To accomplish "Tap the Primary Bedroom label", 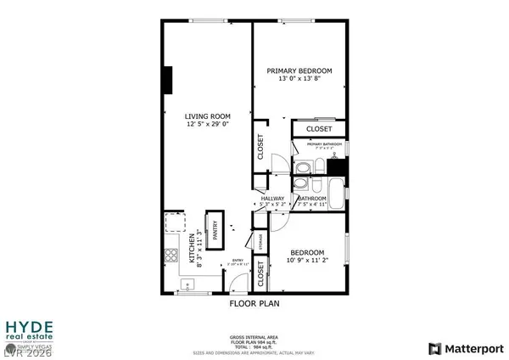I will point(299,70).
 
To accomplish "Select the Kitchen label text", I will point(191,248).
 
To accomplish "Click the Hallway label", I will point(273,197).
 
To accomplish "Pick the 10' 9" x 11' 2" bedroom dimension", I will point(306,261).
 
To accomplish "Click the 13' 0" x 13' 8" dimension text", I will point(299,79).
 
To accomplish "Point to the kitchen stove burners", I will point(170,256).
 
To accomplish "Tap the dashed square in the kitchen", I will point(174,222).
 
